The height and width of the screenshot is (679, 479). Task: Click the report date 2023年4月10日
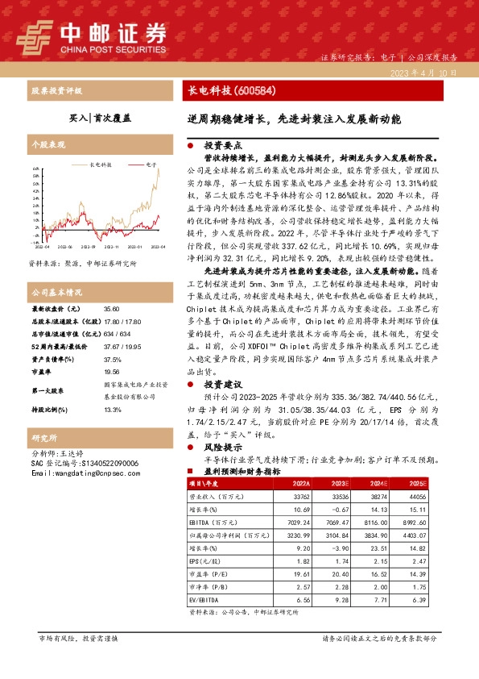429,73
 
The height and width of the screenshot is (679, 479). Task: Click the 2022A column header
298,484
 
